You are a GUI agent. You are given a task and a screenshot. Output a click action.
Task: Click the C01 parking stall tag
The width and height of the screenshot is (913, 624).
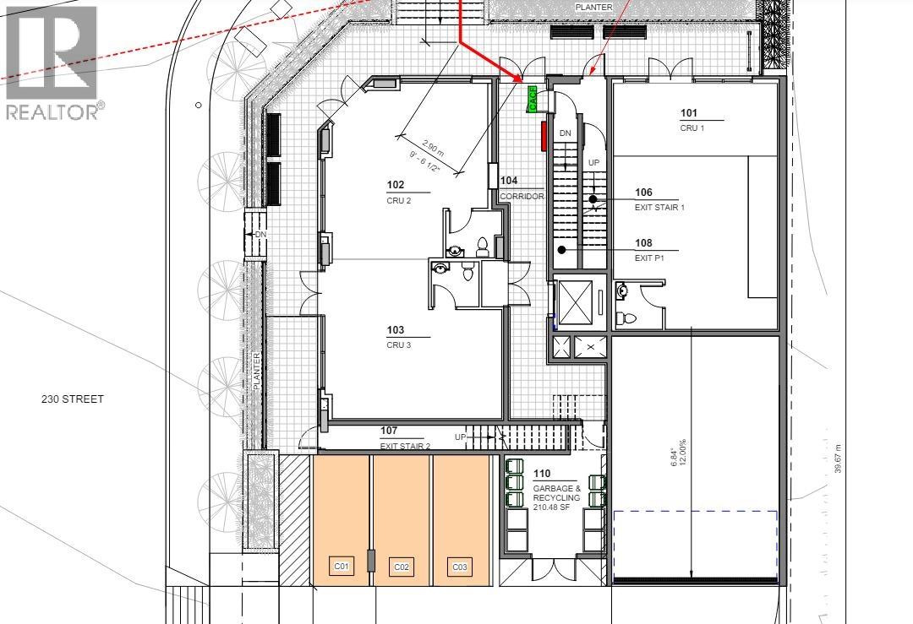[342, 566]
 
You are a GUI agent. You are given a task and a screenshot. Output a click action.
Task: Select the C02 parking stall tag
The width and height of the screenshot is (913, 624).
[401, 567]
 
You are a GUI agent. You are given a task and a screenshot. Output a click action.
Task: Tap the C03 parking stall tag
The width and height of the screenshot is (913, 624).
[459, 567]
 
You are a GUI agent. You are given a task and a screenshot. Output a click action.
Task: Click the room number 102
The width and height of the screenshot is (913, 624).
[395, 185]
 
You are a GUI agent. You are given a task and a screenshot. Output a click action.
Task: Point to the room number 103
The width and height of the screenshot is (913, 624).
[395, 331]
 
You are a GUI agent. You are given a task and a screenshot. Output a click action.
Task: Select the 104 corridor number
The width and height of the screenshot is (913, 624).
[509, 181]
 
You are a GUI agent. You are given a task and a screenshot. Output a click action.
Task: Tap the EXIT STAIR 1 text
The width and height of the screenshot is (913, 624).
[659, 207]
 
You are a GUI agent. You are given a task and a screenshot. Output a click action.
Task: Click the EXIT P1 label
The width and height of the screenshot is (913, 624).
[649, 258]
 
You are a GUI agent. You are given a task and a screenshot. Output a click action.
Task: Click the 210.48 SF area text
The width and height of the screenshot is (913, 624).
[552, 508]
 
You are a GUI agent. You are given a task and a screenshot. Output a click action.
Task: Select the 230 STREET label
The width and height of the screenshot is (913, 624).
[72, 399]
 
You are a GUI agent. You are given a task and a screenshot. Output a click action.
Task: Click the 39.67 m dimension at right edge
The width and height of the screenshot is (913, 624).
[839, 459]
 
